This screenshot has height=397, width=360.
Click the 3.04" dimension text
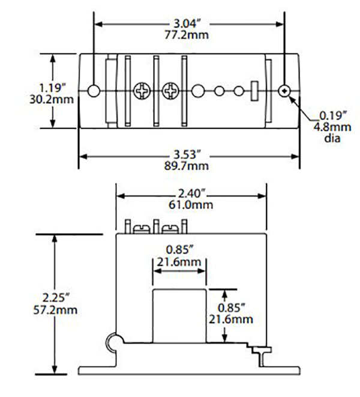pyautogui.click(x=188, y=23)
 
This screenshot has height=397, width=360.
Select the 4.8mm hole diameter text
pyautogui.click(x=331, y=127)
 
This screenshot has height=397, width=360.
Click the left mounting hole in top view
pyautogui.click(x=94, y=91)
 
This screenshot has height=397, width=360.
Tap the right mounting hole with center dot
pyautogui.click(x=285, y=91)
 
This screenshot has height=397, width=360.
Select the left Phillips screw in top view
pyautogui.click(x=142, y=91)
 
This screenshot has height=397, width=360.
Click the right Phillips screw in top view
pyautogui.click(x=170, y=91)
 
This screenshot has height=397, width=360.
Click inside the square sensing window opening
pyautogui.click(x=179, y=316)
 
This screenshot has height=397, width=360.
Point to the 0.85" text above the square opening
pyautogui.click(x=179, y=250)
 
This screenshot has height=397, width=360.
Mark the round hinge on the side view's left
pyautogui.click(x=112, y=343)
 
